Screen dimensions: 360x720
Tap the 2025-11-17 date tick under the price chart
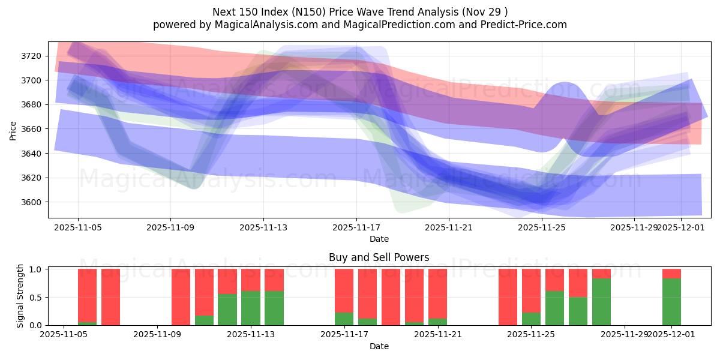[x=356, y=227]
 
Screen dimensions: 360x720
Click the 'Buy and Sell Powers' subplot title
[x=379, y=257]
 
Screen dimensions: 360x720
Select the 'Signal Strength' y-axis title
[x=20, y=295]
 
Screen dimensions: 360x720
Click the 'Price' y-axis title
[x=13, y=130]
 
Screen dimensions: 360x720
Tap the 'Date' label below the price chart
[x=379, y=239]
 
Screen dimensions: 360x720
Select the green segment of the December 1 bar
[x=671, y=302]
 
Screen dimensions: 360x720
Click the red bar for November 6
[x=110, y=297]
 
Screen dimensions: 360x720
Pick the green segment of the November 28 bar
[x=601, y=302]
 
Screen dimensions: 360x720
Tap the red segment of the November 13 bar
[x=274, y=280]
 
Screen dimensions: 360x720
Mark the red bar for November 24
[x=508, y=297]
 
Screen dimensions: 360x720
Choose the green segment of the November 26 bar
[x=554, y=308]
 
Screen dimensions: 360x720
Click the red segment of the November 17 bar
[x=344, y=290]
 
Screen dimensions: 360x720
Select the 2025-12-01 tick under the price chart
[x=681, y=227]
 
